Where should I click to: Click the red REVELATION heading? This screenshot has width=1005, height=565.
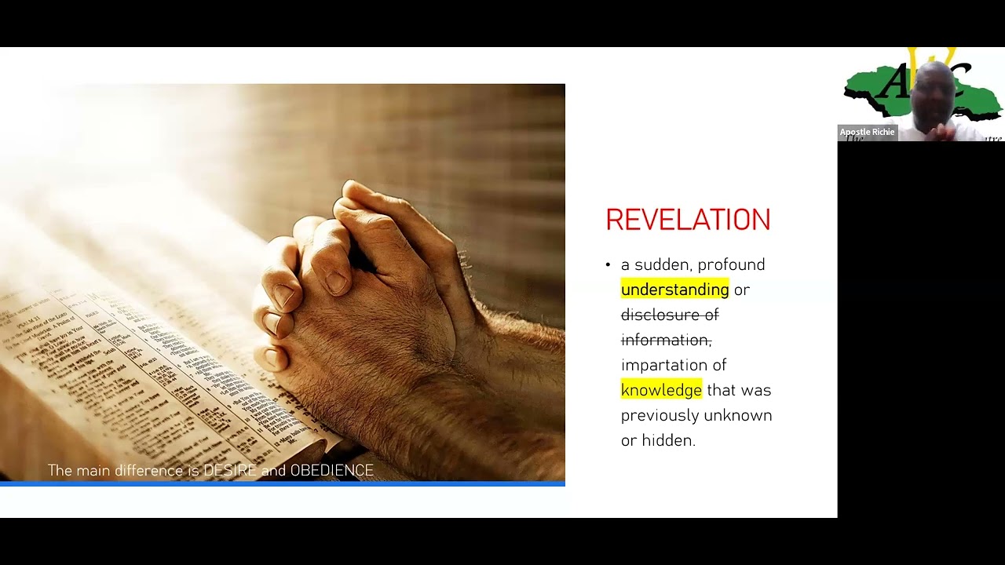tap(688, 220)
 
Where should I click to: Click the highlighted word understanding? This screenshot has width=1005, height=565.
tap(674, 290)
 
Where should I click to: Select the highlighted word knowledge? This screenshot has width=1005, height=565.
tap(661, 390)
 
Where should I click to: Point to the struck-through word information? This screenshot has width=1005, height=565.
tap(665, 340)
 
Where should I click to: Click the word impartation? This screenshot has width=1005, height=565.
tap(674, 365)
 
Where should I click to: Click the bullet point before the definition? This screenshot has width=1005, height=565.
tap(608, 265)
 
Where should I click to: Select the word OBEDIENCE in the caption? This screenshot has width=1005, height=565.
tap(331, 471)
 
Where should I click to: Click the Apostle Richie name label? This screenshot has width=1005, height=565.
tap(867, 132)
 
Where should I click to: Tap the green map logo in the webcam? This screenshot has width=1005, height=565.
tap(872, 90)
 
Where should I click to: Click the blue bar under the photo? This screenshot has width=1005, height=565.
tap(283, 483)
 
